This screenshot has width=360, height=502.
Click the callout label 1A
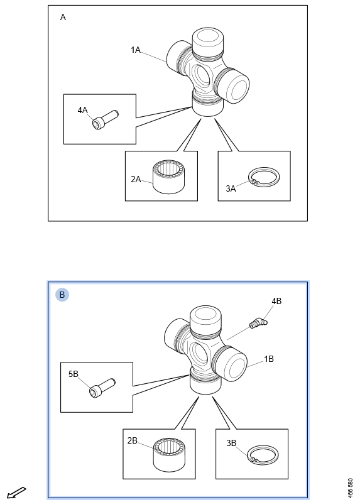coord(136,50)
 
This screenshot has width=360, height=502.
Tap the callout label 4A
coord(82,110)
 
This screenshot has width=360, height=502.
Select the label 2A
coord(136,179)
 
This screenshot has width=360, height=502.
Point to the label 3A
coord(231,188)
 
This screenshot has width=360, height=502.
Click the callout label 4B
coord(276,301)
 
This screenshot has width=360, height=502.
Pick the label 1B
coord(269,359)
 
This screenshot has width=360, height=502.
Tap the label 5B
coord(74,374)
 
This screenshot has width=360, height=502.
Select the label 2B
coord(133,441)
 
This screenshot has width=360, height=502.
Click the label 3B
coord(231,443)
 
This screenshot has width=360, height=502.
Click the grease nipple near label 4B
coord(258,323)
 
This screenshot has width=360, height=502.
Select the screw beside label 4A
coord(105,119)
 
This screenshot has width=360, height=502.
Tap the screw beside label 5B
coord(102,388)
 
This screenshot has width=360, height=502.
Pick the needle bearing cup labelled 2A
coord(169,177)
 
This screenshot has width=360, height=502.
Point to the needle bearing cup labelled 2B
coord(169,455)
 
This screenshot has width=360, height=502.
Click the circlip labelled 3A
coord(264,177)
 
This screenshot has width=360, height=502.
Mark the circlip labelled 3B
coord(263,454)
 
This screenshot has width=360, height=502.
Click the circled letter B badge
coord(62,295)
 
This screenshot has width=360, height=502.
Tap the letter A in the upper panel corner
coord(63,18)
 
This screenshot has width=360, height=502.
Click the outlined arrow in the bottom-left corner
coord(16,493)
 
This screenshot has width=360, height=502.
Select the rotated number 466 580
coord(350,488)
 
